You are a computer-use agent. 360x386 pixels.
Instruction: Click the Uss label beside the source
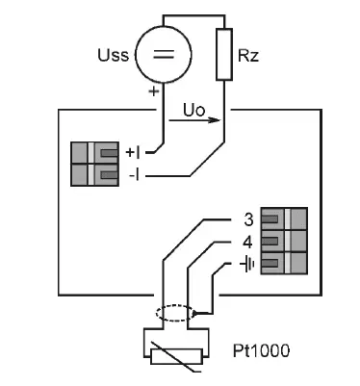(112, 55)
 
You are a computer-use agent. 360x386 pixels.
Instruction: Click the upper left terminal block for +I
(94, 152)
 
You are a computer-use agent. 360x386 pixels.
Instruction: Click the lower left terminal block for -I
(94, 175)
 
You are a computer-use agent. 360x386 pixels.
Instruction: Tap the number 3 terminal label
(249, 219)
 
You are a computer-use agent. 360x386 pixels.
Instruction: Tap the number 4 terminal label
(249, 241)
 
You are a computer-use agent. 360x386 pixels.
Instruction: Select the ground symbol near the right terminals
(248, 263)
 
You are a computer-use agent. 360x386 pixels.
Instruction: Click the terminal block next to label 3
(284, 219)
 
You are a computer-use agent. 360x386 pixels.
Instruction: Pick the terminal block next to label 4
(284, 241)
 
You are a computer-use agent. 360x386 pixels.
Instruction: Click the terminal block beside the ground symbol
(284, 263)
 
